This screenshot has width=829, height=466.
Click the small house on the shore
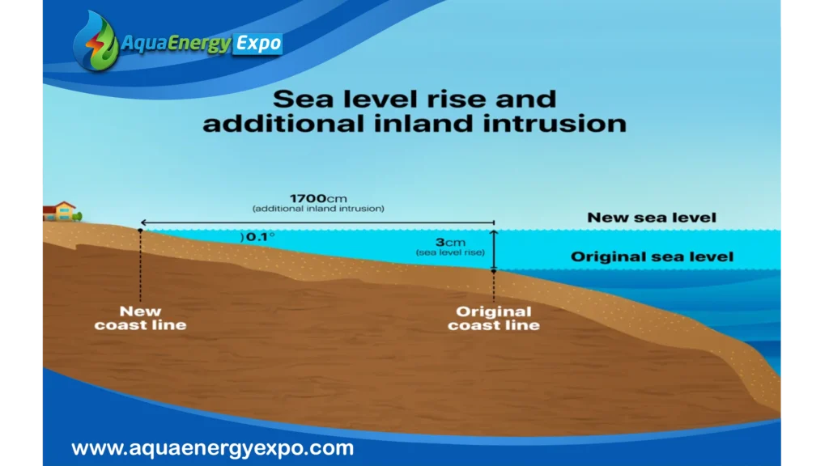59,211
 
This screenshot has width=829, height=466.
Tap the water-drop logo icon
97,41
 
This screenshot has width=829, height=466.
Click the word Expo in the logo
258,44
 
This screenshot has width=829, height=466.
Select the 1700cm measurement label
318,199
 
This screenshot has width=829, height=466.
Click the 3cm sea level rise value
450,243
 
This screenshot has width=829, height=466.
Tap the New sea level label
652,218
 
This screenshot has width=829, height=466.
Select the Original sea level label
652,256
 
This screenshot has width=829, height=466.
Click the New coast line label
140,318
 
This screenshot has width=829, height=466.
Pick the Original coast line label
494,318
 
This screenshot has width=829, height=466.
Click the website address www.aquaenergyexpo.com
213,448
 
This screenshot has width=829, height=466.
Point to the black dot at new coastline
140,231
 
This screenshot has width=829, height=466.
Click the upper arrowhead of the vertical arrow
494,232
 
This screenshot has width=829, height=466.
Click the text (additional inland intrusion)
318,209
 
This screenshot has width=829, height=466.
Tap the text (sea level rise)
450,252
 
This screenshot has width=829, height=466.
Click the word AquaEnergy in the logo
176,44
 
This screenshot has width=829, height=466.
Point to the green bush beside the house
78,216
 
